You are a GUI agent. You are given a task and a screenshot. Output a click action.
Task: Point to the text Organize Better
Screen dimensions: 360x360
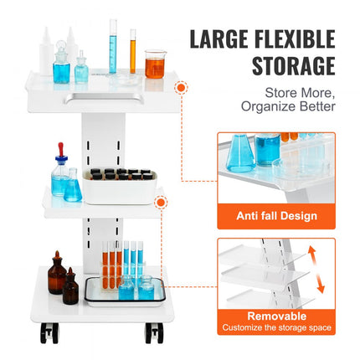(288, 106)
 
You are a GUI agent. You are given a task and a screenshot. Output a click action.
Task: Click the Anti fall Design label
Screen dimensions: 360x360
(275, 216)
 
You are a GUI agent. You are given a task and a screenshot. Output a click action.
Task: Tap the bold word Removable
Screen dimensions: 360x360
(275, 316)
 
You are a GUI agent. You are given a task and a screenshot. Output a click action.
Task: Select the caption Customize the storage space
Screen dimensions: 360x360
(275, 327)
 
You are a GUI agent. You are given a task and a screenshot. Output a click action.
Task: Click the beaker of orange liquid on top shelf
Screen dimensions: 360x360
(153, 64)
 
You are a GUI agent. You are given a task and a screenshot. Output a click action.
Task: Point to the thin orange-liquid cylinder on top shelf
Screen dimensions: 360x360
(132, 52)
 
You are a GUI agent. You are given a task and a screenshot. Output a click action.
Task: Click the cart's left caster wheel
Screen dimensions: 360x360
(48, 332)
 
